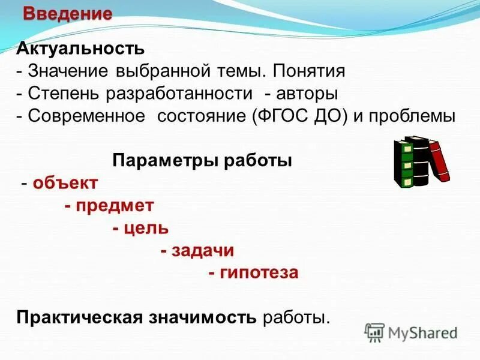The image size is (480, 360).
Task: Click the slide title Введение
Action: (x=67, y=14)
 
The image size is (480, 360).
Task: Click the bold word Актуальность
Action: (x=80, y=48)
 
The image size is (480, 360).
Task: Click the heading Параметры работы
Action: (x=202, y=161)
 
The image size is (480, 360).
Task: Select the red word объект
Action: (x=65, y=183)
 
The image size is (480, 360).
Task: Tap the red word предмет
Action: (x=113, y=205)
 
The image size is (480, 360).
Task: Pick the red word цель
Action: (x=145, y=228)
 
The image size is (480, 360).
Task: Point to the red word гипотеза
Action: (x=257, y=272)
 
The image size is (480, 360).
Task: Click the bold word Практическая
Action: (x=79, y=317)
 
